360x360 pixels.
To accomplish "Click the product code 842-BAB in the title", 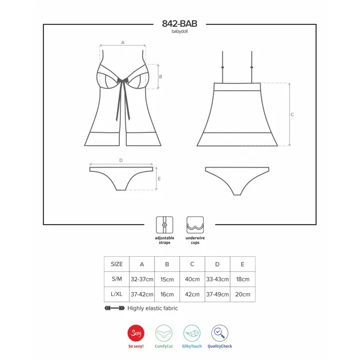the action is click(179, 24).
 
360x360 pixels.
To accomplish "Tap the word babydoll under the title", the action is click(179, 32).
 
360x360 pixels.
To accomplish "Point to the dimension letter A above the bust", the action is click(123, 42).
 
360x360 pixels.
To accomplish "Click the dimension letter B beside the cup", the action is click(161, 77).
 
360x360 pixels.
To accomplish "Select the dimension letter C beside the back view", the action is click(292, 114).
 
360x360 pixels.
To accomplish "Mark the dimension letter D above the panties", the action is click(121, 160).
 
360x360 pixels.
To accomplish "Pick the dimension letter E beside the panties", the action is click(160, 178).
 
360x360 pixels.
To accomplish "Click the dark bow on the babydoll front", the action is click(123, 81).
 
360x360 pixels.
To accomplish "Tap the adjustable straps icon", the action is click(164, 225).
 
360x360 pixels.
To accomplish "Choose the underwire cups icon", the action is click(195, 225).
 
